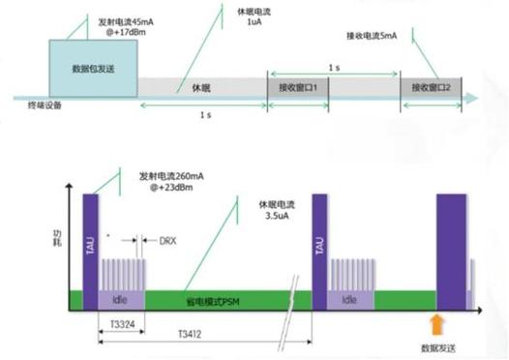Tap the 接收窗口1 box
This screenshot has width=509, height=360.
pyautogui.click(x=299, y=86)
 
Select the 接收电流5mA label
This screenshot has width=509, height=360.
pyautogui.click(x=371, y=36)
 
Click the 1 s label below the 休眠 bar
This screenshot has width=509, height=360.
pyautogui.click(x=203, y=114)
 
